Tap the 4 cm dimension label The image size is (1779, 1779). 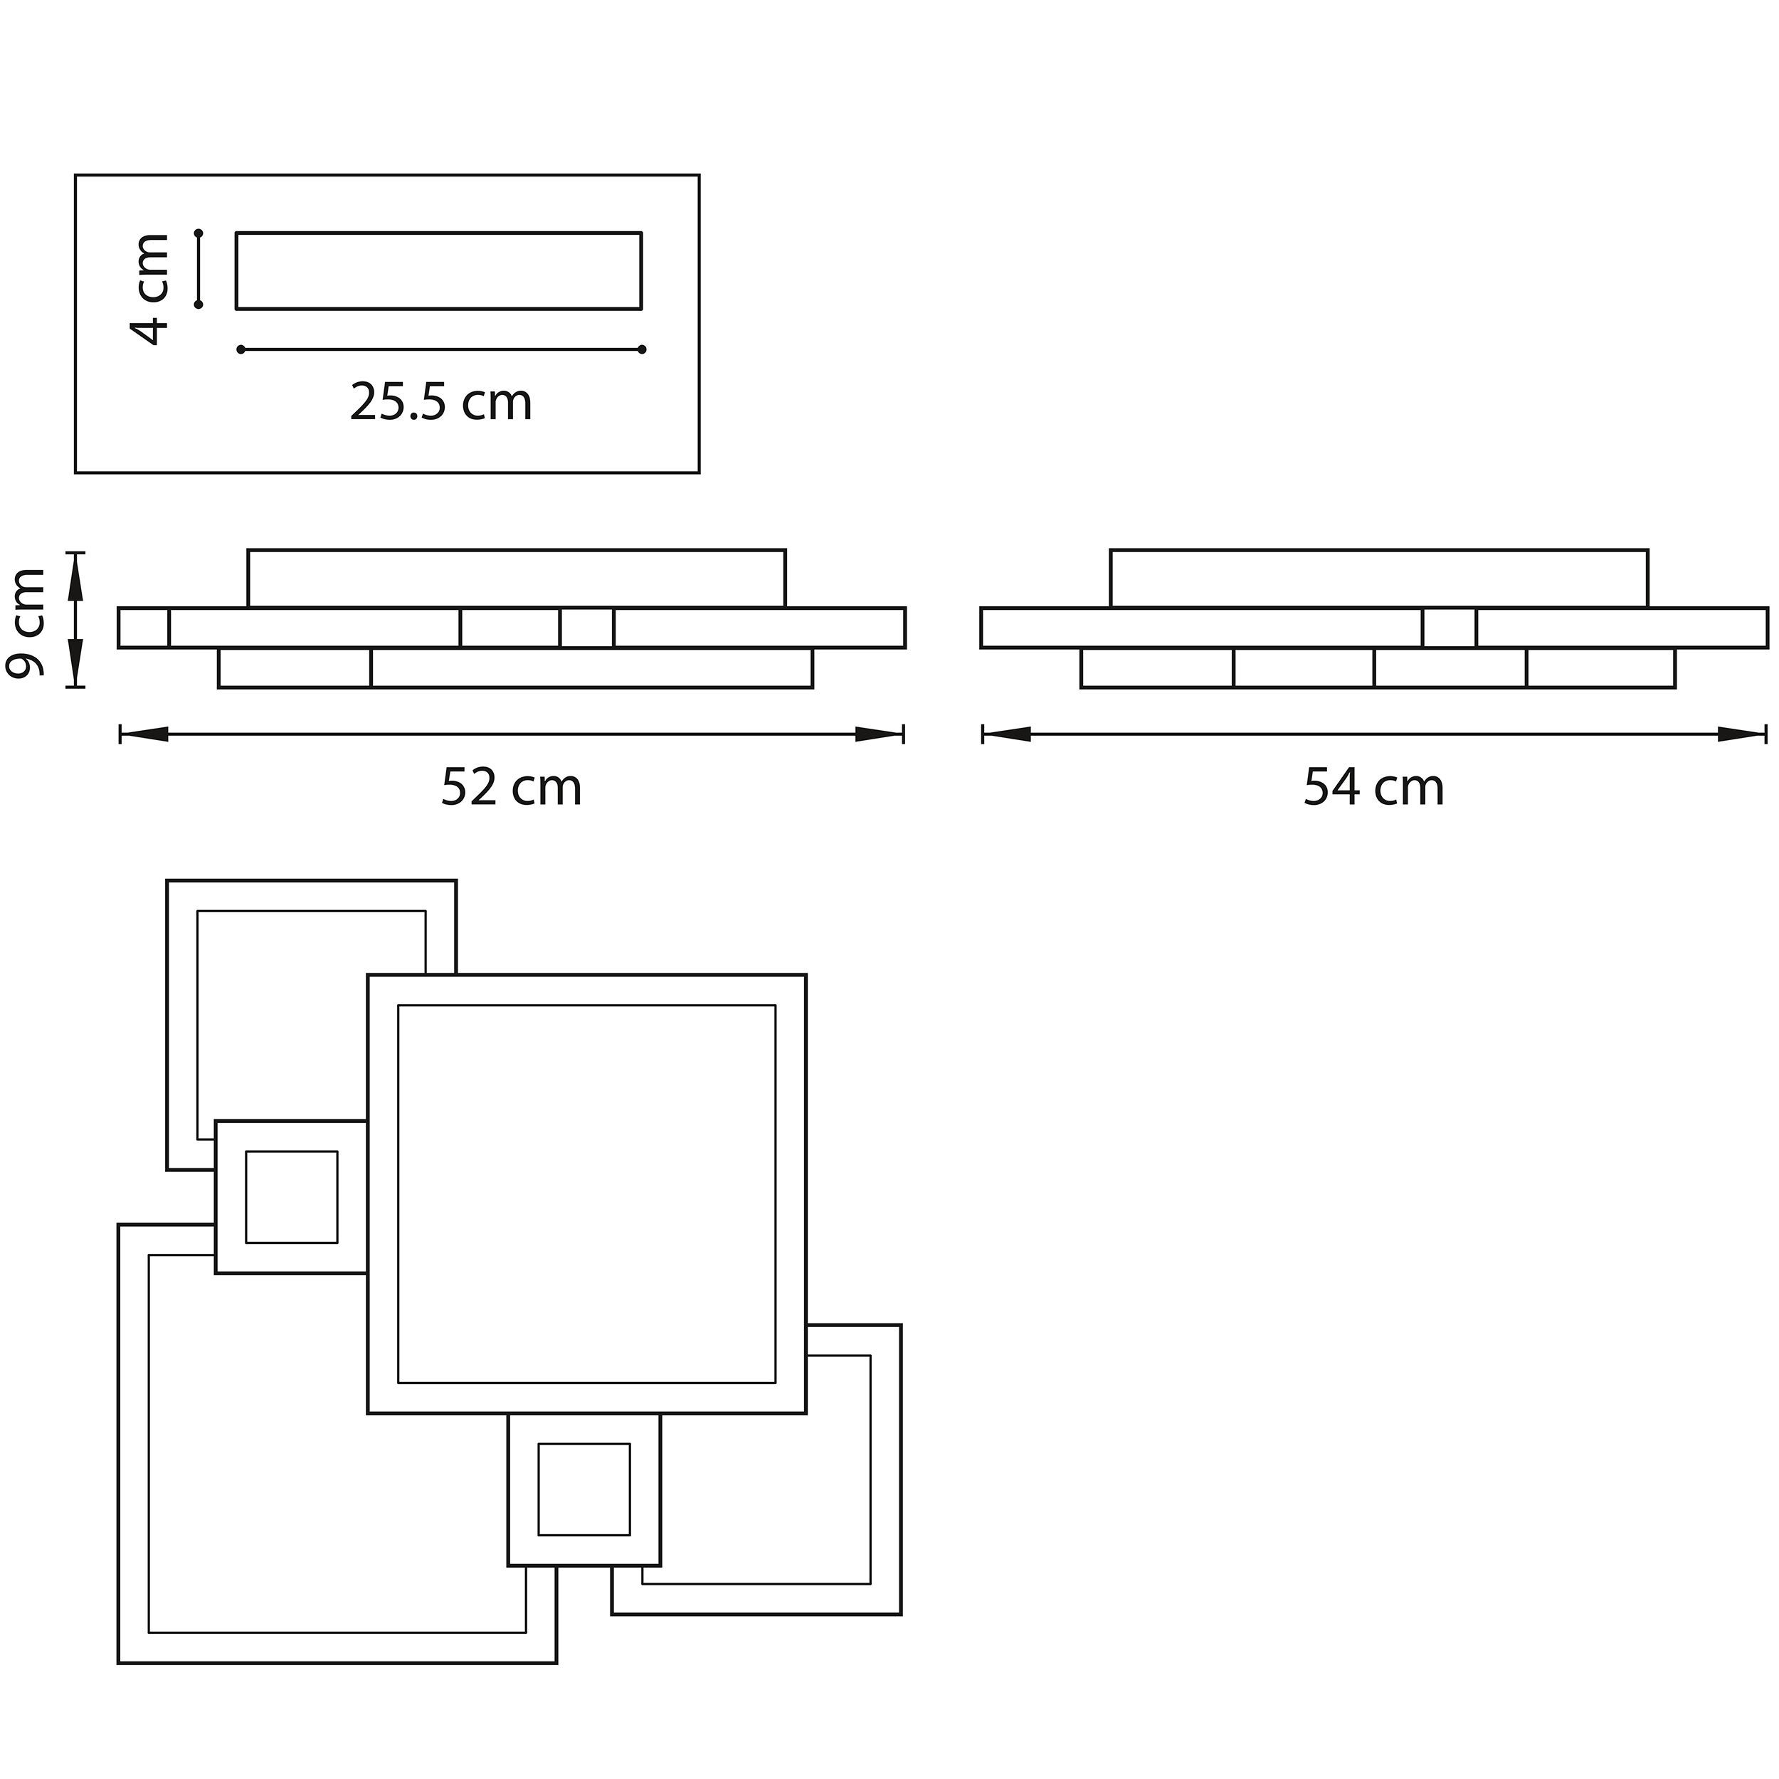[x=150, y=288]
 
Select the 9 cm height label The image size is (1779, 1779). [x=25, y=623]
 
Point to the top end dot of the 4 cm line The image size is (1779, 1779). [x=199, y=232]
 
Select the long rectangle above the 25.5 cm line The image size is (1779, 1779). [x=438, y=270]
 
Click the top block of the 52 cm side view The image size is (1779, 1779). [x=517, y=579]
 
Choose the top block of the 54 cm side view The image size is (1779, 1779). [x=1378, y=579]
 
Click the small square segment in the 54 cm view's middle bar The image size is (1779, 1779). [x=1450, y=628]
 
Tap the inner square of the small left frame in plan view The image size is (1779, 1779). [x=291, y=1197]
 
